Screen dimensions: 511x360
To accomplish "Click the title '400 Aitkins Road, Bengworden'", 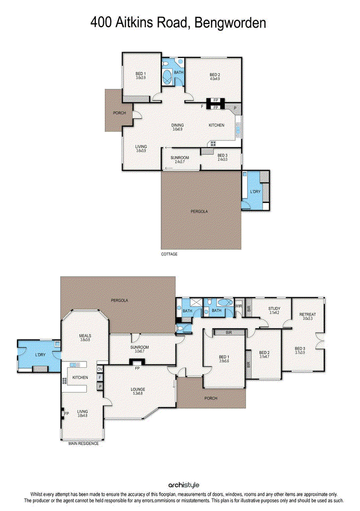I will coord(178,22).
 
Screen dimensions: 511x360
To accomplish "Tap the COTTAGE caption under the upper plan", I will coord(169,254).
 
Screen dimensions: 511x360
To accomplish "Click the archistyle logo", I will coord(184,484).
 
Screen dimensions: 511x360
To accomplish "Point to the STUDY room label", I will coord(274,308).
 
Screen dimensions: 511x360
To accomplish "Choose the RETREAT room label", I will coord(307,315).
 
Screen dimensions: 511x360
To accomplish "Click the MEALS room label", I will coord(85,336).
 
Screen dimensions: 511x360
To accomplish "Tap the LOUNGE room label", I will coord(138,389).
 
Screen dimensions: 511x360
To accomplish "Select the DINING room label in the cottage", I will coord(177,125).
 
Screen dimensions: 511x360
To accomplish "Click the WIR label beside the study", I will coord(239,307).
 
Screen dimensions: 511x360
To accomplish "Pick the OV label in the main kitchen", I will coord(100,369).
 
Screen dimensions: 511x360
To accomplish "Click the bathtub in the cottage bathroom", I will coord(167,77).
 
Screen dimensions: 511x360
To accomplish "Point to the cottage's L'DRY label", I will coord(255,192).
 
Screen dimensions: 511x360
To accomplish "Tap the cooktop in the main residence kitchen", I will coord(64,381).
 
